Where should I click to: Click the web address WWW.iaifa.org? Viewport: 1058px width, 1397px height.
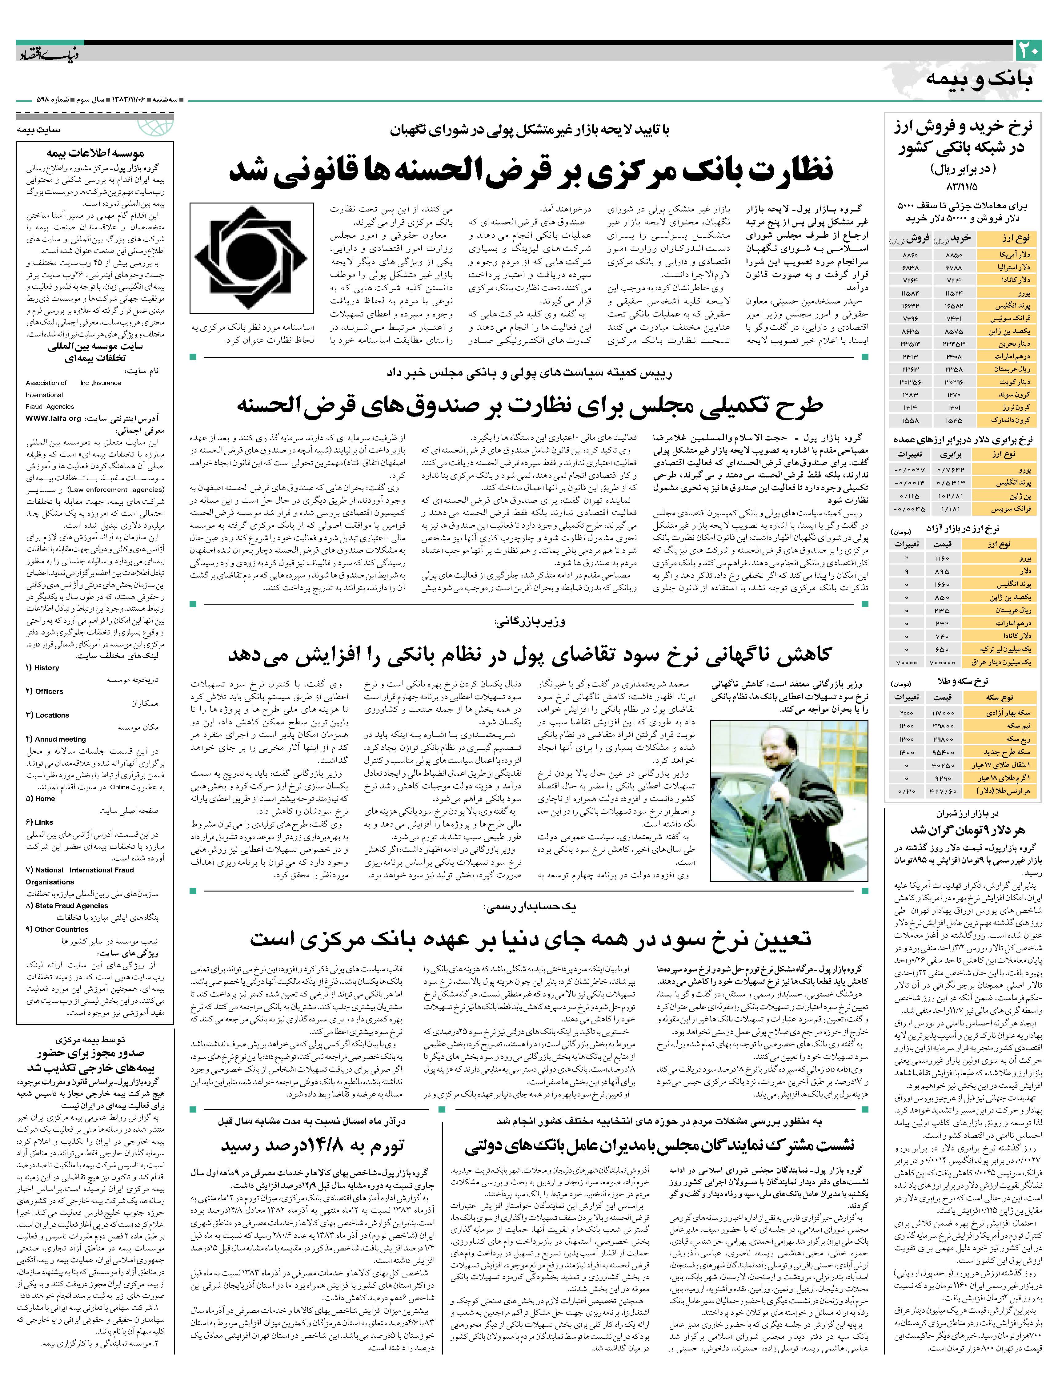54,418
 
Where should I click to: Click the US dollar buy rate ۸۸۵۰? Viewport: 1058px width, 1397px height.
954,255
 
